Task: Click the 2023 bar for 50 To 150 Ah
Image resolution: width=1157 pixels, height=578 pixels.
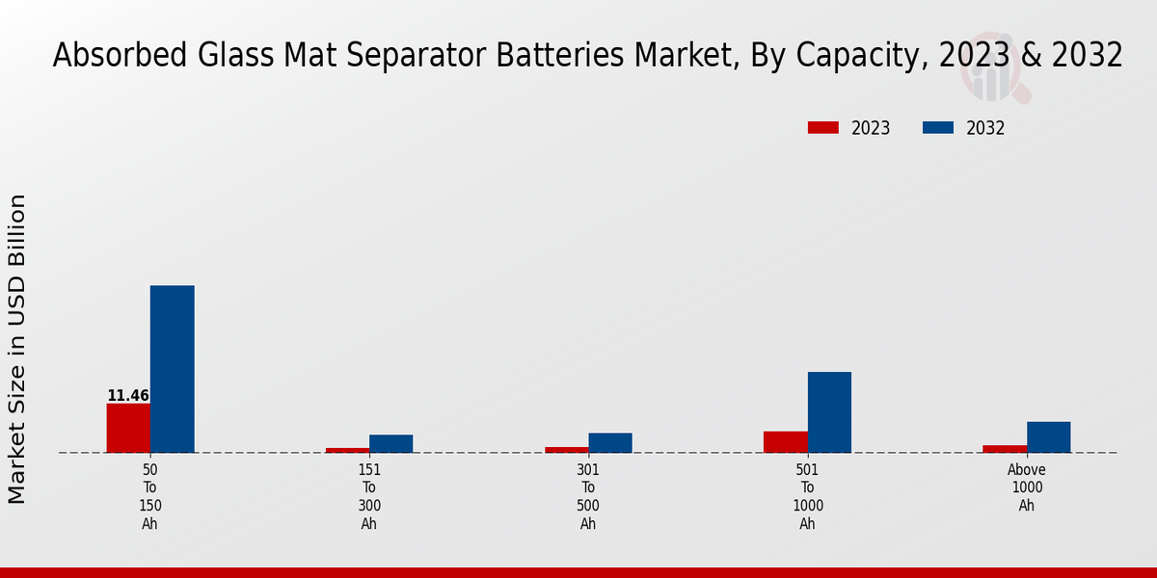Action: pos(128,428)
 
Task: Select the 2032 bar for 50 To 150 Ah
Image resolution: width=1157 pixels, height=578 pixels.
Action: pos(173,369)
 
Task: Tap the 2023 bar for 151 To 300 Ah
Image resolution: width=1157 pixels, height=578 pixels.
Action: pos(347,450)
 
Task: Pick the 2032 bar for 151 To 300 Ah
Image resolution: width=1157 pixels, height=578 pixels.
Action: pos(391,443)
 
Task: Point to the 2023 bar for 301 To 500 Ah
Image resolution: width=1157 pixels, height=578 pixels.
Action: pos(567,449)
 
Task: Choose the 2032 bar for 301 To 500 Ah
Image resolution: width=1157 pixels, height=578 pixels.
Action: pos(610,442)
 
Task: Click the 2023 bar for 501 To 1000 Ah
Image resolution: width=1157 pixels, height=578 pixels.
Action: pos(786,441)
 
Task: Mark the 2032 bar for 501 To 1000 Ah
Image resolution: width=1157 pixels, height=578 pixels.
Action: pos(829,412)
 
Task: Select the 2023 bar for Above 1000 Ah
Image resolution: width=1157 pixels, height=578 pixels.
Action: pos(1005,448)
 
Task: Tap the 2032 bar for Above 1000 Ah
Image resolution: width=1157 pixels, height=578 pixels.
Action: pos(1049,436)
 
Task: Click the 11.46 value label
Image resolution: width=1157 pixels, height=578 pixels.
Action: pos(128,396)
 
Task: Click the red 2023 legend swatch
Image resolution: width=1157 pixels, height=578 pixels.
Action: pos(823,127)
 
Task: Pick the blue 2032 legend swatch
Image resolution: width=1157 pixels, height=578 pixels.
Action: pos(938,127)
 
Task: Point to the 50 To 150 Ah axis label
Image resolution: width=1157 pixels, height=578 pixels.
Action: pos(150,497)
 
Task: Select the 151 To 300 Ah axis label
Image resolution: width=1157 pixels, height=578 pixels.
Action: pos(369,497)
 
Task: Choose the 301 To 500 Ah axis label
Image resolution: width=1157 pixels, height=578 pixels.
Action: pos(588,497)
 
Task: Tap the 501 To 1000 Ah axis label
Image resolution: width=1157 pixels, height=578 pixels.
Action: pos(808,497)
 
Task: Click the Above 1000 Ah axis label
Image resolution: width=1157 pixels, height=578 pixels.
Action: pos(1027,487)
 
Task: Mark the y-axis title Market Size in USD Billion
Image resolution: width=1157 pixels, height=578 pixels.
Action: pos(17,349)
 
